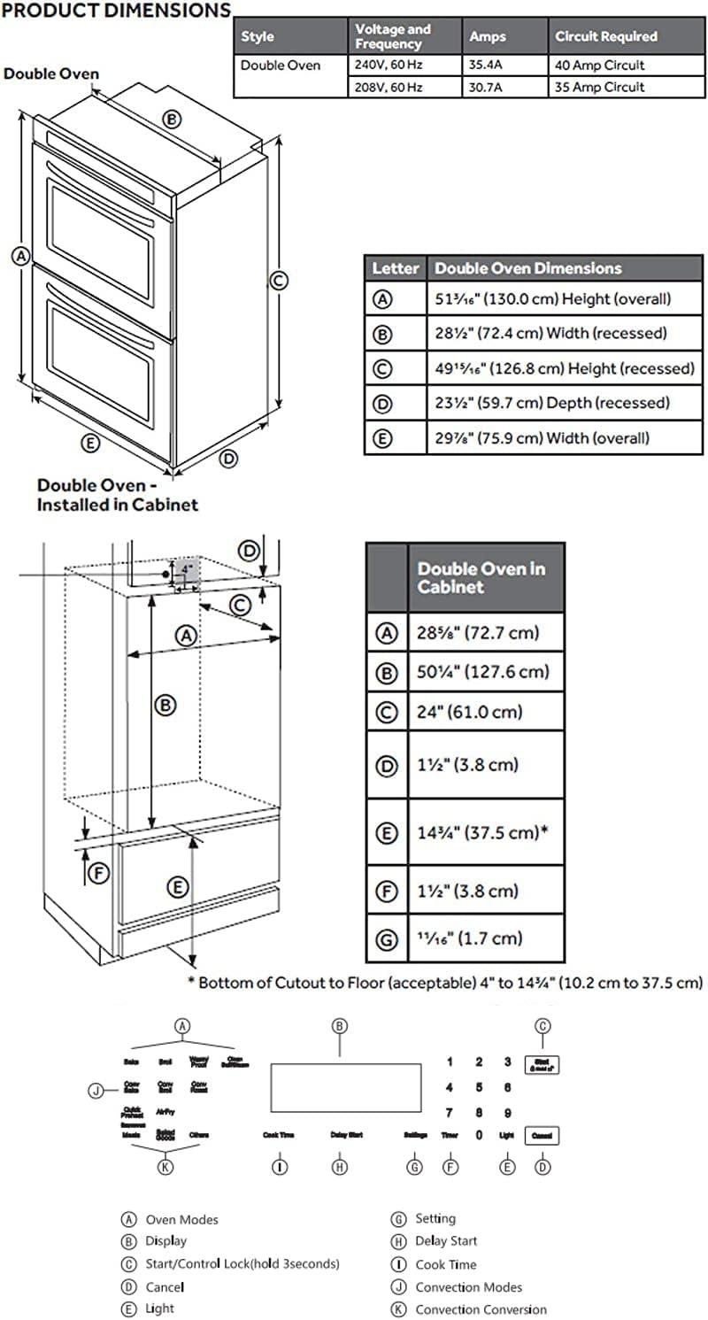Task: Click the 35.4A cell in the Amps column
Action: click(x=488, y=66)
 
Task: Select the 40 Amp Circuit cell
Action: click(x=600, y=66)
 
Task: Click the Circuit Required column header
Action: click(x=605, y=36)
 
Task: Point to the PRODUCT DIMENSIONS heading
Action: click(x=117, y=12)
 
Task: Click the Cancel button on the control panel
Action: click(x=543, y=1135)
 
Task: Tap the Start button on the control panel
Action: click(x=543, y=1065)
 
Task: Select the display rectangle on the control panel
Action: click(x=345, y=1088)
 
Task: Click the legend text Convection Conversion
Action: click(x=481, y=1309)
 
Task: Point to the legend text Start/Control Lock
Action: click(x=242, y=1263)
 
